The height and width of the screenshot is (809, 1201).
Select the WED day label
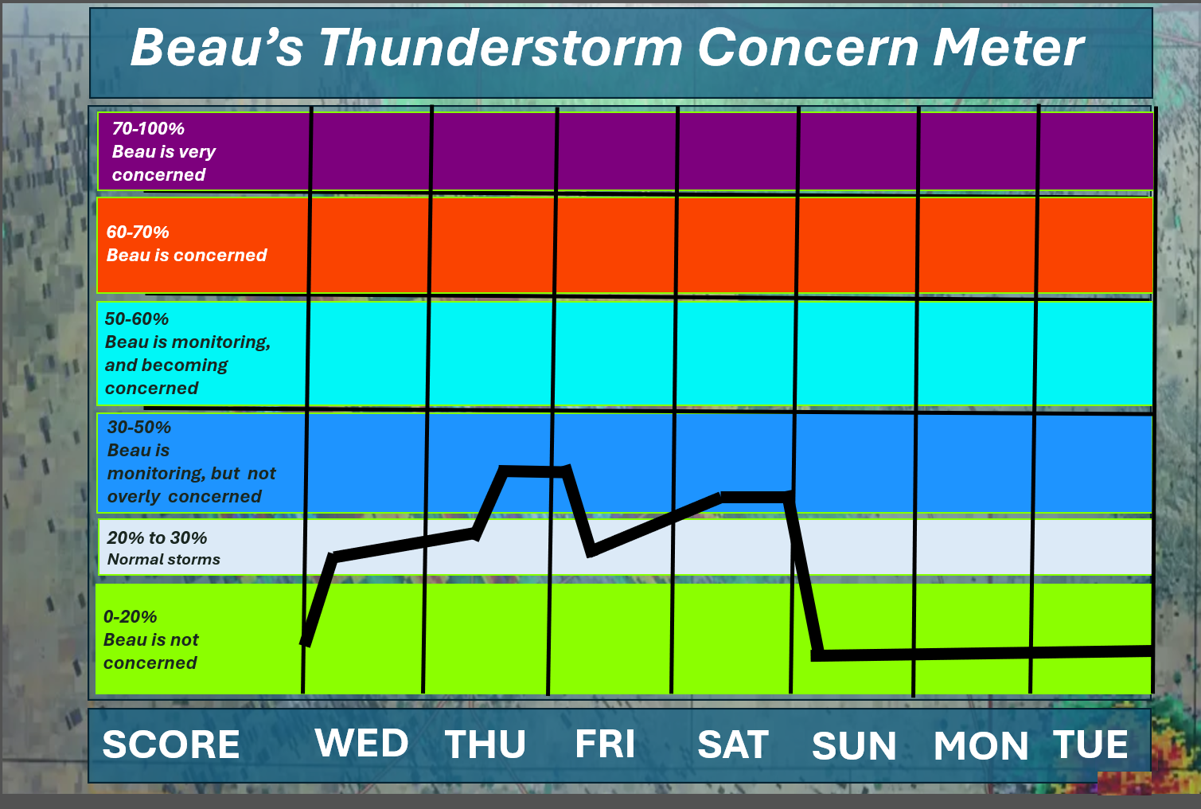362,743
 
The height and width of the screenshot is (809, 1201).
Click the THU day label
485,744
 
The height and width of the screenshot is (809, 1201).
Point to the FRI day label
605,744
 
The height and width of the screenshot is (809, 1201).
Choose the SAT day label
733,744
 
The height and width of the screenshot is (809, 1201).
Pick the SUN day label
854,745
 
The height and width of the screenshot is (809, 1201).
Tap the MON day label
981,745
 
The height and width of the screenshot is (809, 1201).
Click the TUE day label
1090,744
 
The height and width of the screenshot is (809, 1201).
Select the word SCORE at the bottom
171,744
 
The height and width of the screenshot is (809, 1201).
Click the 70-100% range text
148,129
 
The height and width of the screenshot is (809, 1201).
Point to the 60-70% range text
138,232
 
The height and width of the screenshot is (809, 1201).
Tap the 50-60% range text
137,319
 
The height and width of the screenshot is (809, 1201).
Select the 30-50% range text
138,427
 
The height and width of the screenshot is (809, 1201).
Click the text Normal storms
163,559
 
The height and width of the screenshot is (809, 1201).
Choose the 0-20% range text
130,616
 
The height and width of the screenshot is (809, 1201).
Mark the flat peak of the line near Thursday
533,471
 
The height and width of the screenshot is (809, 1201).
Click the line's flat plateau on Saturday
756,498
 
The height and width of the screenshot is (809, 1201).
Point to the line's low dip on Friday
591,552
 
